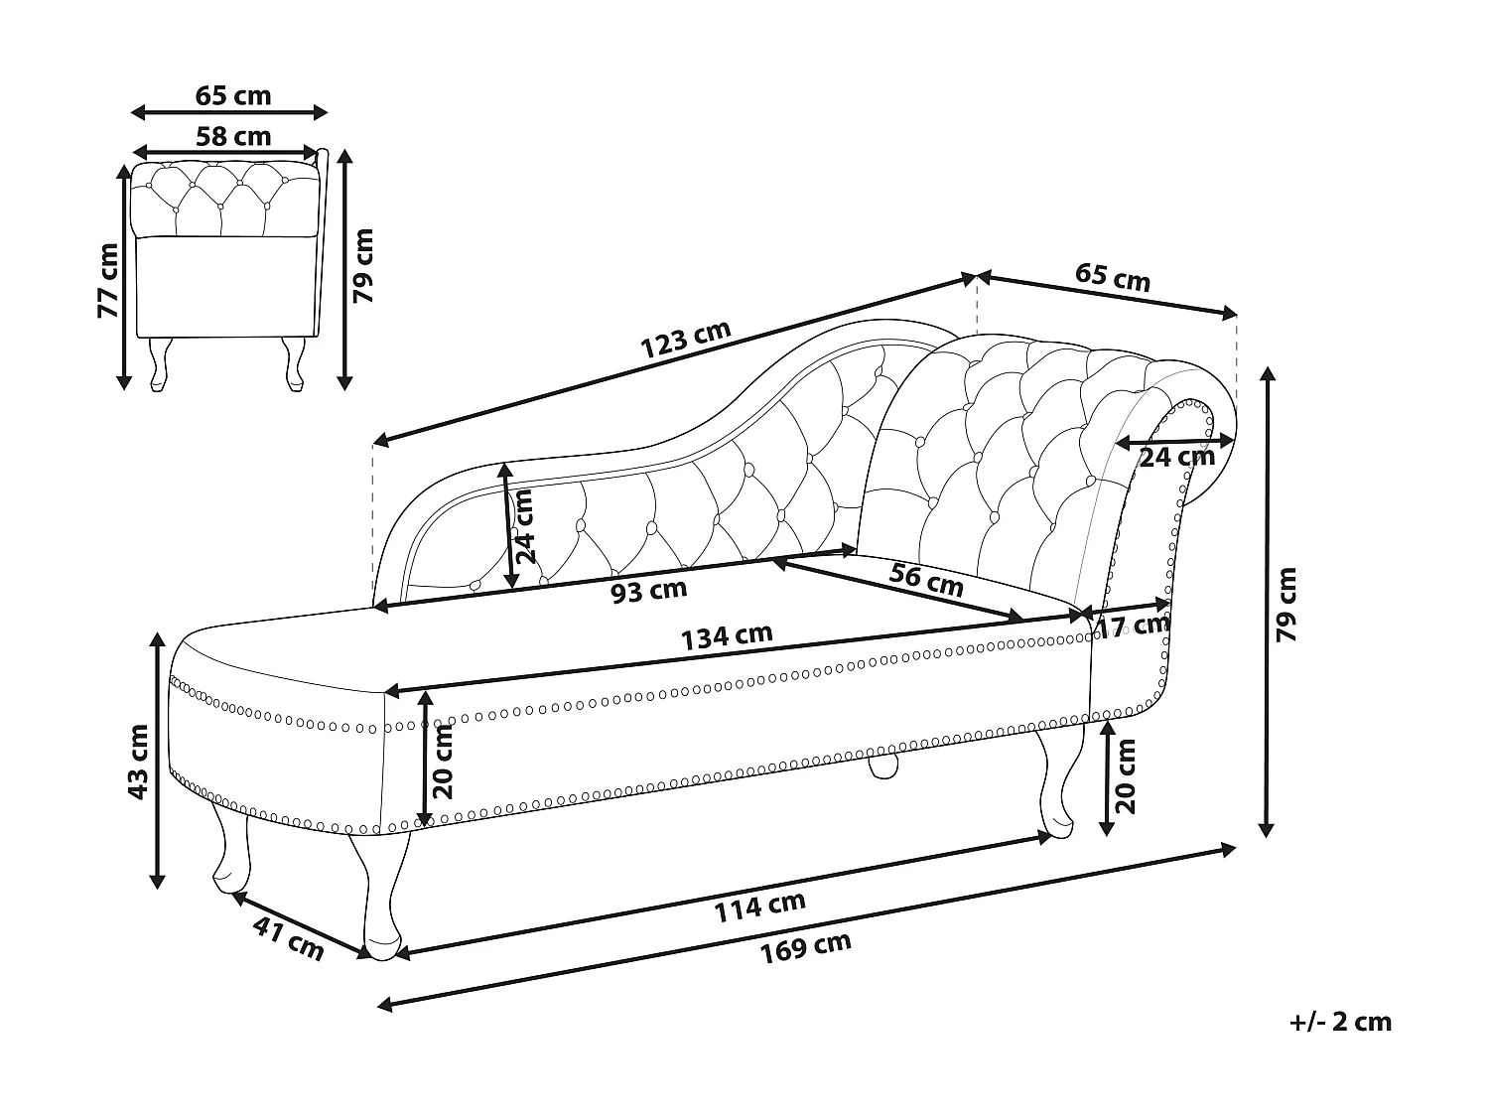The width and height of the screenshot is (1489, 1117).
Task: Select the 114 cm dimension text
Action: point(760,906)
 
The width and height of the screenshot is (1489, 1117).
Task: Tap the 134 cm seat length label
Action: point(727,636)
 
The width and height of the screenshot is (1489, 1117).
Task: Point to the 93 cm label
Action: point(648,591)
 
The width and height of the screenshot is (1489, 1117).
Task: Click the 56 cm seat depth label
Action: point(925,580)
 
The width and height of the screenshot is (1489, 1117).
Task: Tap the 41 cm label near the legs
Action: point(289,938)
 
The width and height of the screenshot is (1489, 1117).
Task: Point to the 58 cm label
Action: point(232,136)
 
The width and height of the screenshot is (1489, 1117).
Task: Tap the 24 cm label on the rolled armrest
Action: point(1176,457)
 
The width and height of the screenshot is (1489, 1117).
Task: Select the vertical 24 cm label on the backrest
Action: point(523,526)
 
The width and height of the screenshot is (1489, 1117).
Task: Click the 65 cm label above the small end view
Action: point(232,95)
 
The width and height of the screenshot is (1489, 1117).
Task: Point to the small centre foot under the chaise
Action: point(882,767)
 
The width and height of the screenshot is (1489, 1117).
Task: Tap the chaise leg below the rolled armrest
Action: point(1053,784)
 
